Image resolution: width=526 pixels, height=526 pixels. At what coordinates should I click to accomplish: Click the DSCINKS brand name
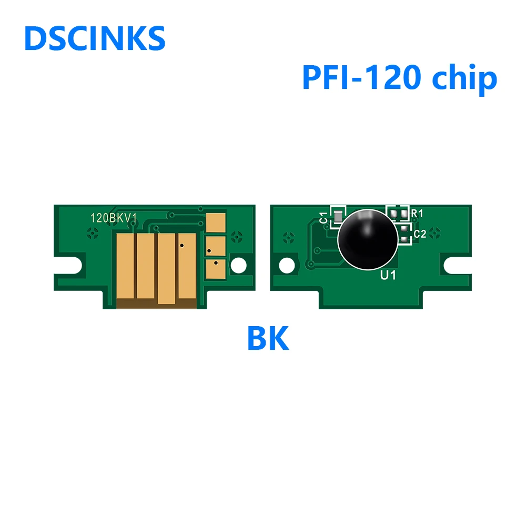click(x=95, y=39)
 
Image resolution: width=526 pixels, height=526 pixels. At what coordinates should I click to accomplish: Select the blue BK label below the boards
click(x=268, y=339)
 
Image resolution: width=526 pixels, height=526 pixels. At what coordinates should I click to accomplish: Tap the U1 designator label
click(x=388, y=275)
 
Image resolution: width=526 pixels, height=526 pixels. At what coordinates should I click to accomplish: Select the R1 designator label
click(x=417, y=214)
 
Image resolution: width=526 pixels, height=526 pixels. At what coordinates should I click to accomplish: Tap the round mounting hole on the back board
click(x=287, y=264)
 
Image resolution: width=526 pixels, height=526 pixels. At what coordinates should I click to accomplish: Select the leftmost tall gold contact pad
click(x=125, y=266)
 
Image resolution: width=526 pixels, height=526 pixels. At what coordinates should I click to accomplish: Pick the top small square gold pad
click(x=216, y=221)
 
